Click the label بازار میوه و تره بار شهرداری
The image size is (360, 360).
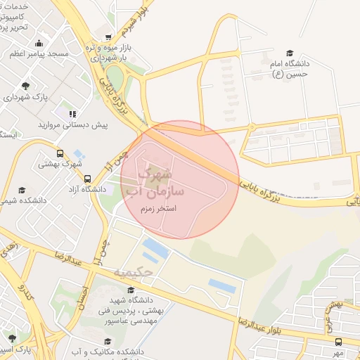coord(106,52)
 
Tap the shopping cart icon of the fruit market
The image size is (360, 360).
coord(108,37)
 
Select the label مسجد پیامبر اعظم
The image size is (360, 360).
coord(39,53)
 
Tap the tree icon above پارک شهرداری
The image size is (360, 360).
coord(26,85)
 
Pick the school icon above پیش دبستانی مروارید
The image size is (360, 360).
coord(72,112)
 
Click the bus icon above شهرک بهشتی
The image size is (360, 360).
coord(60,153)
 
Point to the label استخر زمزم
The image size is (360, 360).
coord(157,209)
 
